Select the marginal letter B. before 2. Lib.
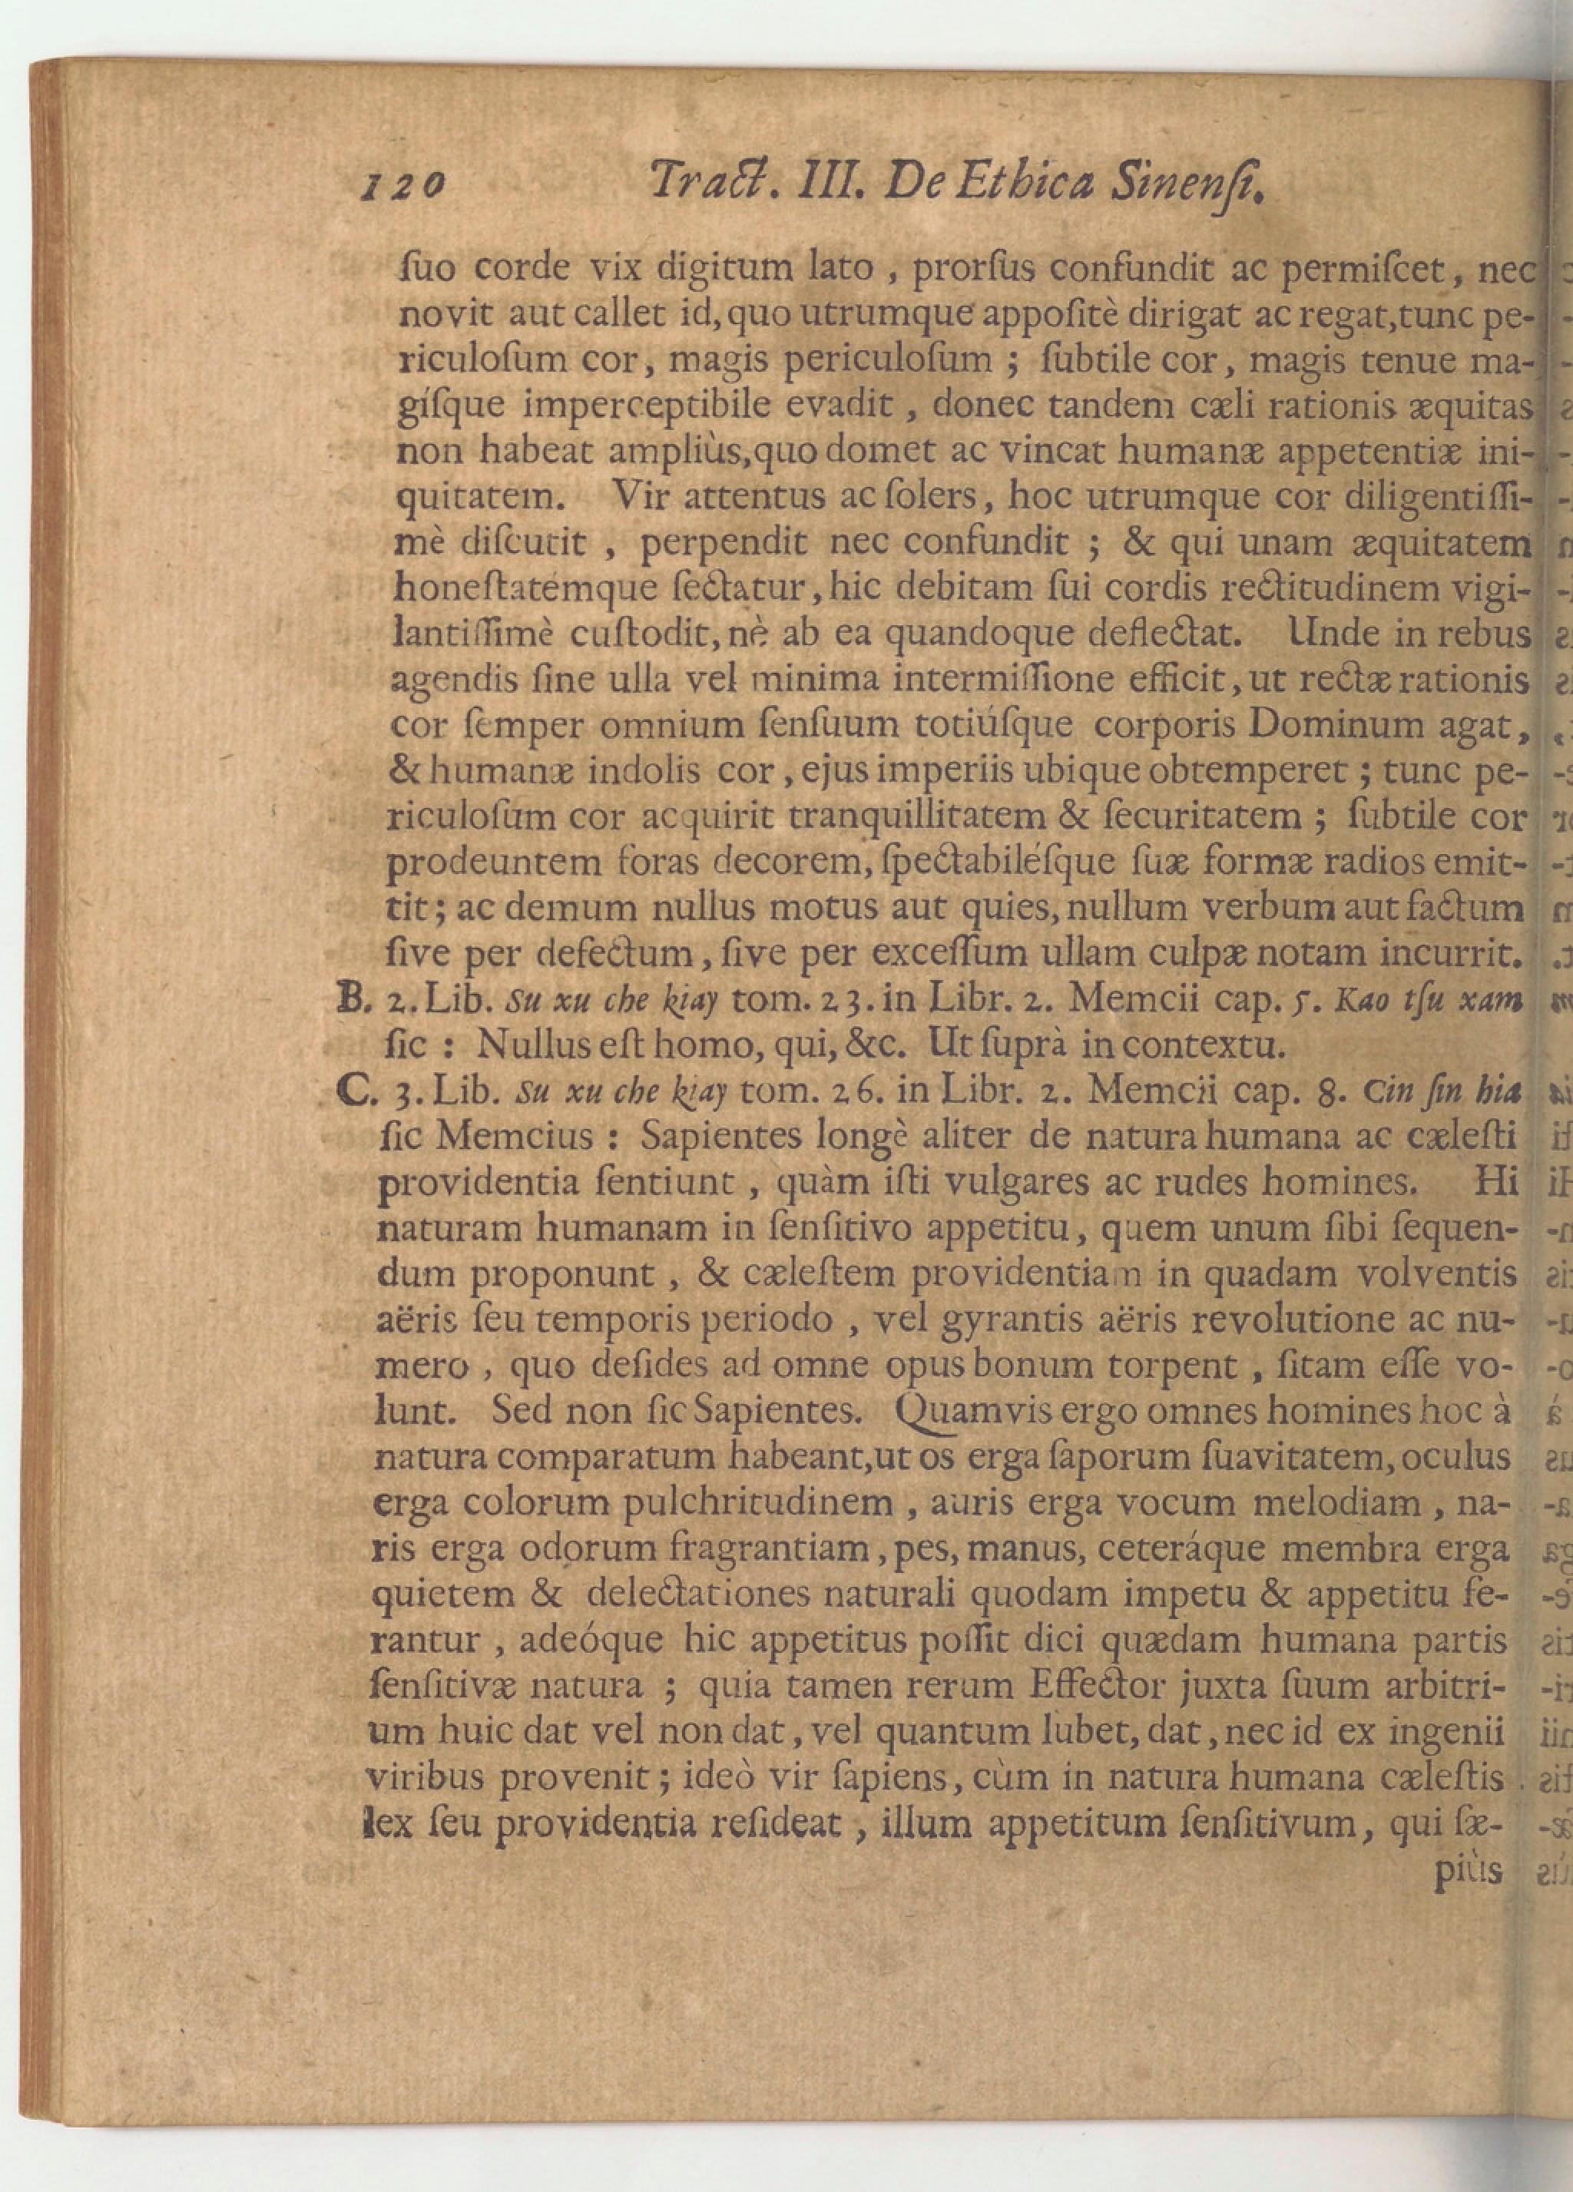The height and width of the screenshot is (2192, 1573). coord(345,998)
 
